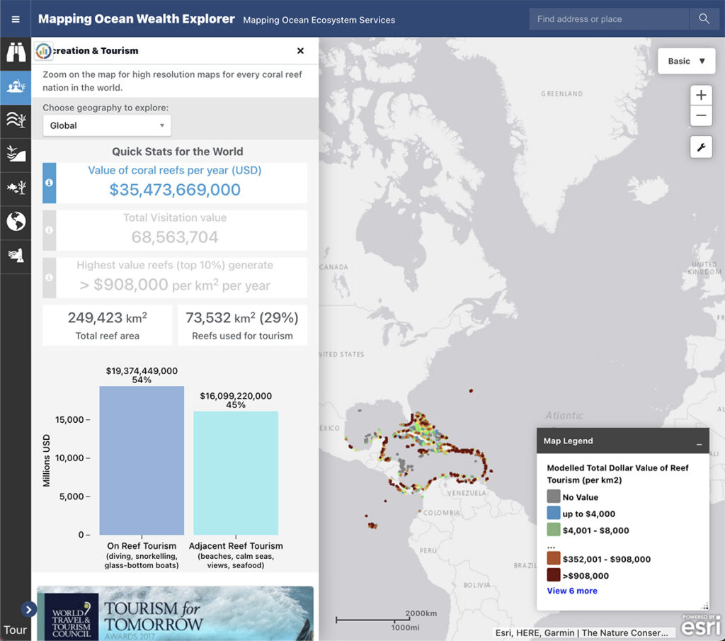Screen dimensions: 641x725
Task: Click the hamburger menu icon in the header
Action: [16, 19]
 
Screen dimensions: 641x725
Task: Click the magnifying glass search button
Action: [704, 19]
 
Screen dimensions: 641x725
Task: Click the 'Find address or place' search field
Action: [607, 19]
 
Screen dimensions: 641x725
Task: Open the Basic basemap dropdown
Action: [686, 61]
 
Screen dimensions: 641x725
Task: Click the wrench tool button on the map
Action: [701, 147]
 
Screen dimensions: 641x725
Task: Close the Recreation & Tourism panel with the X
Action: [300, 51]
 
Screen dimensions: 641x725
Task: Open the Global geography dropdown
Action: [107, 125]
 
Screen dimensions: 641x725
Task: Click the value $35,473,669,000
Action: [175, 190]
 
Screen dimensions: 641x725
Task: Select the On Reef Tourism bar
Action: [142, 460]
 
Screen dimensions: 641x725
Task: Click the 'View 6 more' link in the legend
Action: [572, 591]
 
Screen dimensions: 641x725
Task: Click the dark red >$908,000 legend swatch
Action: [554, 575]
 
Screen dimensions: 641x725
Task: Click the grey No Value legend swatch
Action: [554, 497]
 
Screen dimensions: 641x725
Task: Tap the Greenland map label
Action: [561, 93]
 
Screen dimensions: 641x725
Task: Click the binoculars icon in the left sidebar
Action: [16, 52]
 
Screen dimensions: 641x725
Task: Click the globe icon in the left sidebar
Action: [16, 222]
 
